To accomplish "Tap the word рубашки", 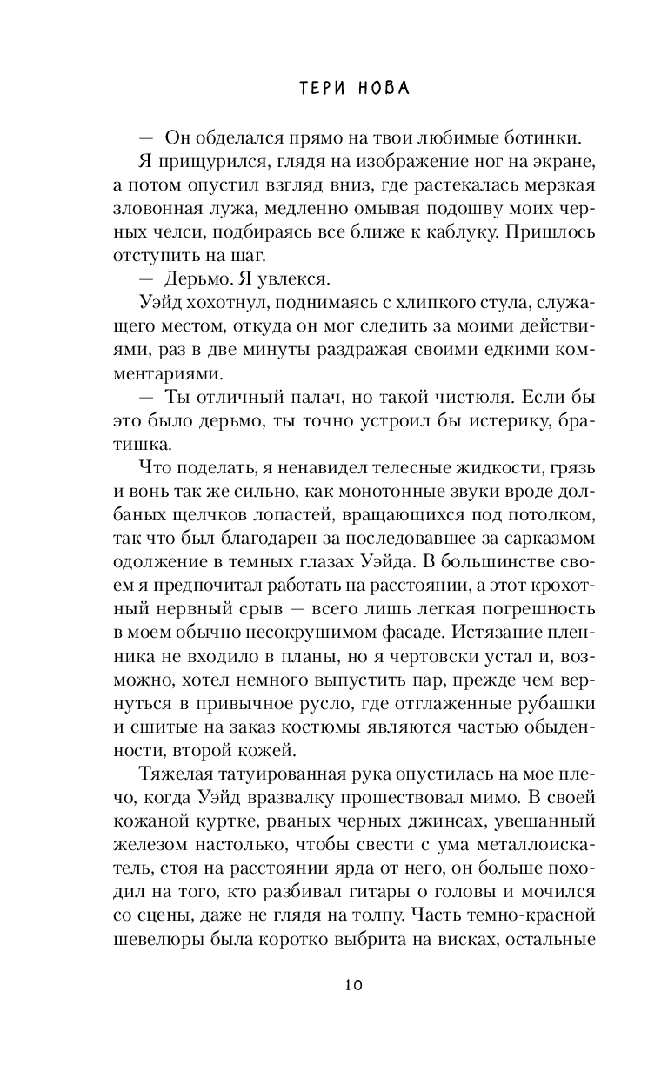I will point(554,694).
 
